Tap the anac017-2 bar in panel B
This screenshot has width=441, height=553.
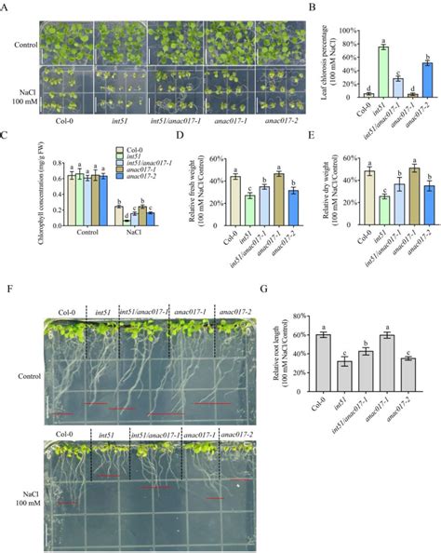[x=401, y=79]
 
